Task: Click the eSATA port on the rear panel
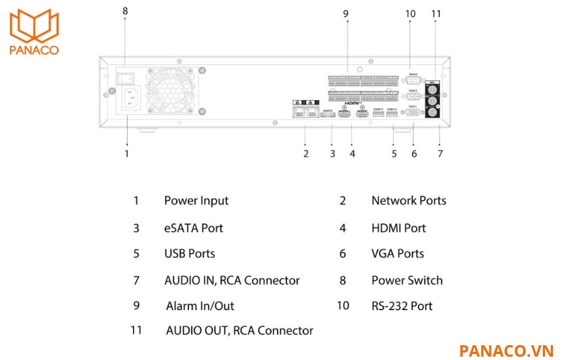328,115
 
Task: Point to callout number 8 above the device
124,11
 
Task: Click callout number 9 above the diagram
345,13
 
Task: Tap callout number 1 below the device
126,153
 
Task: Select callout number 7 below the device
440,153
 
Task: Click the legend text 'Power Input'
196,201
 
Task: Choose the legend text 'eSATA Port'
193,228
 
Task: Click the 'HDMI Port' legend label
398,228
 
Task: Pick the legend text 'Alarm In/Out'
200,306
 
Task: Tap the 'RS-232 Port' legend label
402,306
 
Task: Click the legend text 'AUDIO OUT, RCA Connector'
239,331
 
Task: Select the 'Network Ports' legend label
409,201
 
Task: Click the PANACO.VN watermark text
506,351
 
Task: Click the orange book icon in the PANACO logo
33,25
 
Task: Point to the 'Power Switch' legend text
407,280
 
